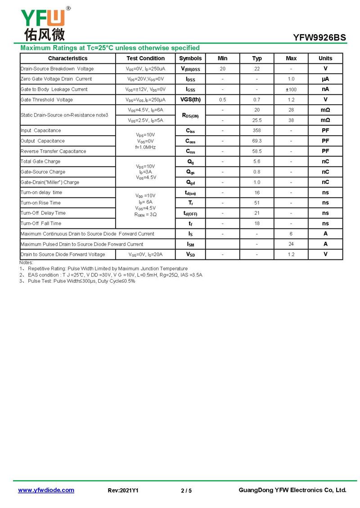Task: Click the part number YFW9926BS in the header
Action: tap(319, 38)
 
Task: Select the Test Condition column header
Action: tap(145, 58)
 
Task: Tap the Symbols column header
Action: tap(190, 58)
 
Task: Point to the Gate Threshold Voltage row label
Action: tap(47, 100)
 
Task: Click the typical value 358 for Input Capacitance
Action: tap(257, 131)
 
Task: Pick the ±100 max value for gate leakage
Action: tap(291, 89)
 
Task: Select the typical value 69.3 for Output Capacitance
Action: tap(257, 141)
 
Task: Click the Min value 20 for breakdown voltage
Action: tap(223, 69)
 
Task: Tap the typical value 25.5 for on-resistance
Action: tap(257, 120)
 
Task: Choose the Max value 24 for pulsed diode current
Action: tap(291, 244)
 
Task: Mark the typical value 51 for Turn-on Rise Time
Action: tap(257, 203)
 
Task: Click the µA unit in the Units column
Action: tap(325, 79)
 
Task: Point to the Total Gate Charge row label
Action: tap(40, 162)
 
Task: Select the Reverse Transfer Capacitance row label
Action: tap(53, 152)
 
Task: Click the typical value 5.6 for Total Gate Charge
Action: tap(257, 162)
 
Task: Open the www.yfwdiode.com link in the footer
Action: tap(46, 490)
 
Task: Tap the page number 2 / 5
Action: tap(186, 491)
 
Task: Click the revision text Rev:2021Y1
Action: tap(123, 491)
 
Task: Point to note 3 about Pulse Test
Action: tap(77, 281)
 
